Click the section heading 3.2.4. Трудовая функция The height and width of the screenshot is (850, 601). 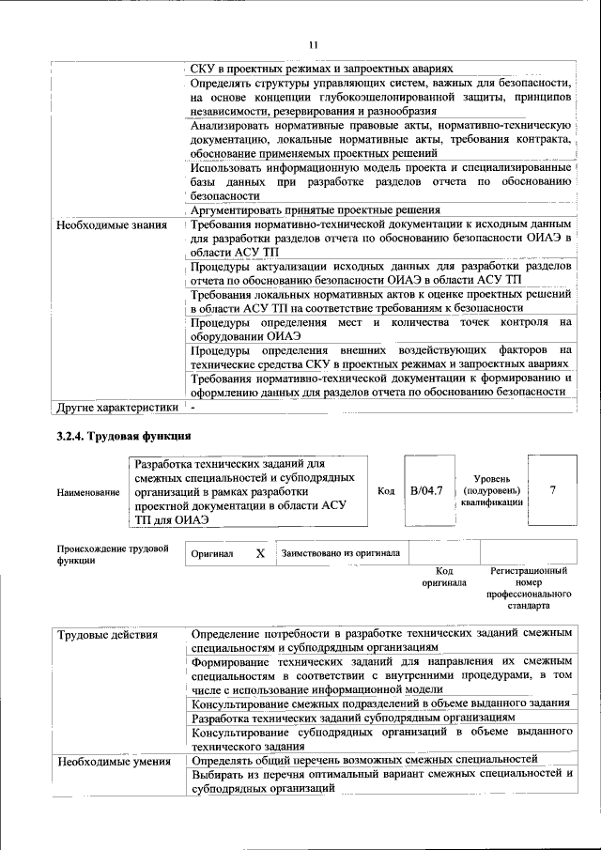coord(124,436)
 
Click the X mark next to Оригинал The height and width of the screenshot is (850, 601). coord(260,553)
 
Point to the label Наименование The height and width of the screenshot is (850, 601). coord(88,491)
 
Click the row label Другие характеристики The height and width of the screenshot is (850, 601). coord(117,408)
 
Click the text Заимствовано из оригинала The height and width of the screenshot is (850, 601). coord(340,553)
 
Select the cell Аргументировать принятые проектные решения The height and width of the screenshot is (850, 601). coord(315,210)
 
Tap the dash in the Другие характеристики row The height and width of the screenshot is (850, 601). coord(193,408)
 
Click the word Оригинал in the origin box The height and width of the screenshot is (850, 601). coord(211,554)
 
